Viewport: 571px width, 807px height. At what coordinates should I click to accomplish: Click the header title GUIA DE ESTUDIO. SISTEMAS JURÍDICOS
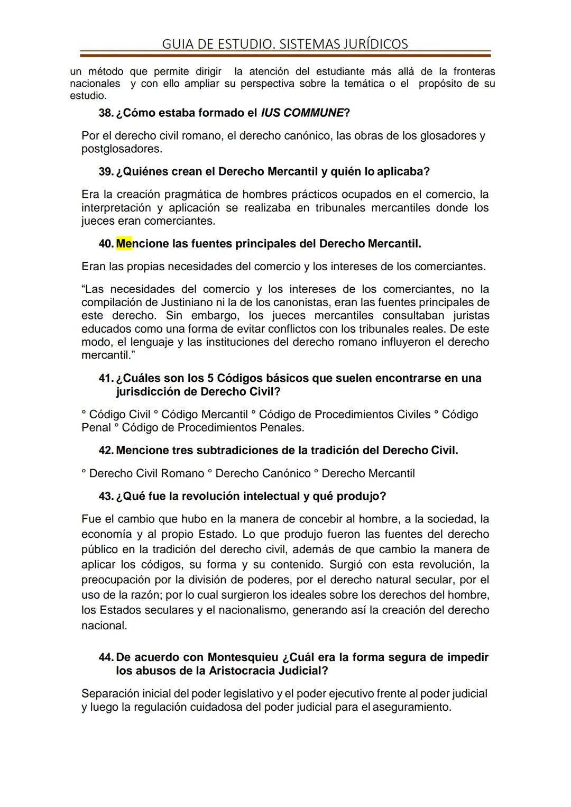click(285, 44)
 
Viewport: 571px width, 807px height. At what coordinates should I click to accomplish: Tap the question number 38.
click(106, 113)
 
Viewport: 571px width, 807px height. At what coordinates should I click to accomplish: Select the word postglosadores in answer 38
click(121, 149)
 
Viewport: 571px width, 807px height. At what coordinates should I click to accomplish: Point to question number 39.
click(106, 172)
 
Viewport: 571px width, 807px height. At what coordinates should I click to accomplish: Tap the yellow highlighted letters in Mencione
click(124, 244)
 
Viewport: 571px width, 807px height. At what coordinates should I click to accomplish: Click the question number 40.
click(106, 244)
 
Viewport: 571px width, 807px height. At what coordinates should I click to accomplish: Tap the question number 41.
click(106, 379)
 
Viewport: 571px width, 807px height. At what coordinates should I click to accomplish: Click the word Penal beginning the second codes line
click(96, 427)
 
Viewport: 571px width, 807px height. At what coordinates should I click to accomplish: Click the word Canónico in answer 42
click(287, 473)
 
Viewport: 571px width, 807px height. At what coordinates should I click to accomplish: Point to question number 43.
click(106, 497)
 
